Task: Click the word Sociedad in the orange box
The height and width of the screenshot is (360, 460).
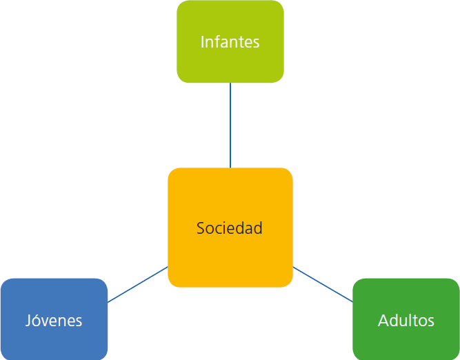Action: [x=230, y=228]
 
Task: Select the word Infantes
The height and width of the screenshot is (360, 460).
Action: [x=230, y=42]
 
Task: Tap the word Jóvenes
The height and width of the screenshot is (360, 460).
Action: [x=54, y=321]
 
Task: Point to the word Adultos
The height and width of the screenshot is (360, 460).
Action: [x=406, y=321]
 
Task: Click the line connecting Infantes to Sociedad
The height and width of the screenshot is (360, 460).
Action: [x=230, y=125]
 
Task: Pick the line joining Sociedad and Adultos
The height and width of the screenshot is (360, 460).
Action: [x=323, y=284]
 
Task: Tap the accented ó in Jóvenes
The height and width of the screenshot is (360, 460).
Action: [x=38, y=321]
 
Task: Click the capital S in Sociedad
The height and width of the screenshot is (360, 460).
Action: [x=201, y=228]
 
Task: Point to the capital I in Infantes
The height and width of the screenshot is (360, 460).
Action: [x=202, y=42]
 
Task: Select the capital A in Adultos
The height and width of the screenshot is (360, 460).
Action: [x=383, y=321]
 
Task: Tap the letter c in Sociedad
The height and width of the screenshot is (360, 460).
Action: [x=219, y=229]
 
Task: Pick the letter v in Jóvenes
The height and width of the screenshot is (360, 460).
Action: [x=47, y=321]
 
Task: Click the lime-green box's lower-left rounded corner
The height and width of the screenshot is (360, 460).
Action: [x=181, y=79]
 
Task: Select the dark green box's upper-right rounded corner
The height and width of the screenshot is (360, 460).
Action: [x=455, y=283]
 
